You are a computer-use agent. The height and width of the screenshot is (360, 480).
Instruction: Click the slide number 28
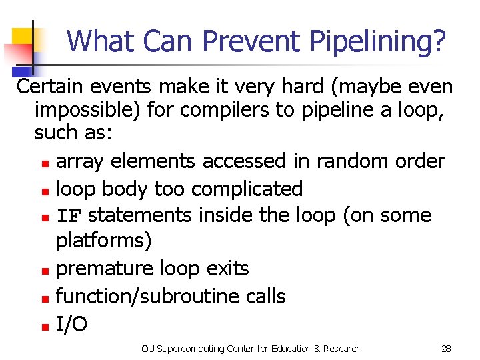446,348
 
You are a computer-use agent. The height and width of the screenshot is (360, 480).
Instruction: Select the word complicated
247,189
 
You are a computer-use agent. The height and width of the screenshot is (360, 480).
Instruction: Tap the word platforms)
104,240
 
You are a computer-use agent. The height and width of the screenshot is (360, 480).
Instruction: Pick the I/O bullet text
71,324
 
